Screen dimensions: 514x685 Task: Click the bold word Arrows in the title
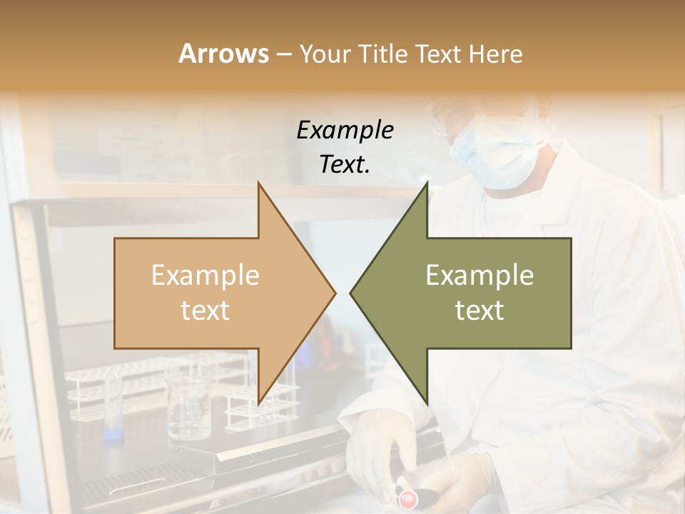(x=223, y=54)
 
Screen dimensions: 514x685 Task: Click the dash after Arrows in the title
(x=283, y=54)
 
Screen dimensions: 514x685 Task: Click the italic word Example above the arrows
(x=345, y=130)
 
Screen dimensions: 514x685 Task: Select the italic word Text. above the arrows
(x=345, y=164)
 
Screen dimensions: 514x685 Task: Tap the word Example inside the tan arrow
(x=205, y=276)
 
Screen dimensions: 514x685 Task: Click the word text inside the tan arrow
(x=205, y=310)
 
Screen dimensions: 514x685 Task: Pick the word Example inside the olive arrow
(x=479, y=276)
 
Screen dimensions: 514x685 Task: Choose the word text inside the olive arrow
(x=479, y=310)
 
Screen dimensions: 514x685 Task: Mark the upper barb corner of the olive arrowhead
(x=427, y=185)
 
